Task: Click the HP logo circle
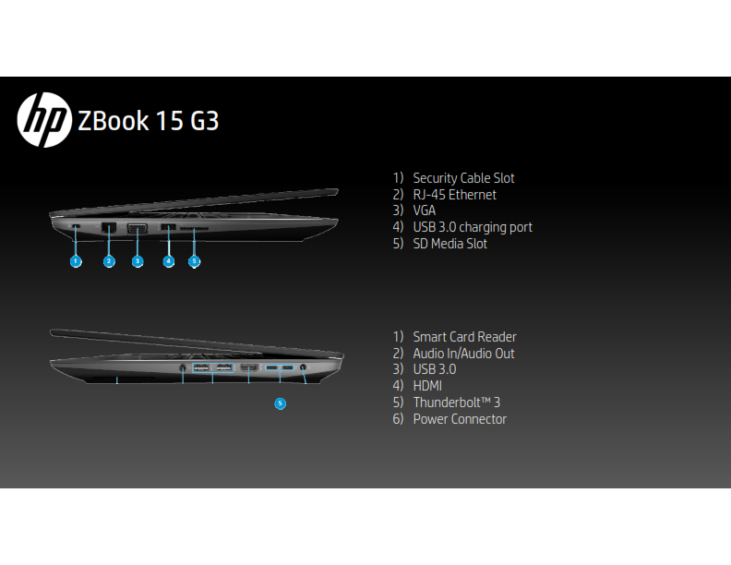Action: tap(43, 120)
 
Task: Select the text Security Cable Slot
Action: tap(463, 178)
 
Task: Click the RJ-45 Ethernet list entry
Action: tap(454, 195)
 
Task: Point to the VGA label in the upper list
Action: tap(425, 210)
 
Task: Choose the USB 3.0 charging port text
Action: tap(473, 227)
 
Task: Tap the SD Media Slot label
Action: tap(449, 244)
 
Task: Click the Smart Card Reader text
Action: tap(464, 337)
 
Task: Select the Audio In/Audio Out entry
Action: tap(463, 354)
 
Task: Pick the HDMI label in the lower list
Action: tap(429, 386)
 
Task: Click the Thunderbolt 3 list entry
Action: tap(456, 403)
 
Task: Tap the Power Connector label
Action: tap(460, 419)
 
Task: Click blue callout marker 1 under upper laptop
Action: tap(76, 261)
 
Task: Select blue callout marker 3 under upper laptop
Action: tap(138, 261)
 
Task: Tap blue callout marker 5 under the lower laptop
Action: tap(281, 403)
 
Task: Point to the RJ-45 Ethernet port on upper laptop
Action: tap(108, 227)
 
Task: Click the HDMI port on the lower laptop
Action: tap(248, 369)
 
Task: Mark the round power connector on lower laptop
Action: tap(304, 369)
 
